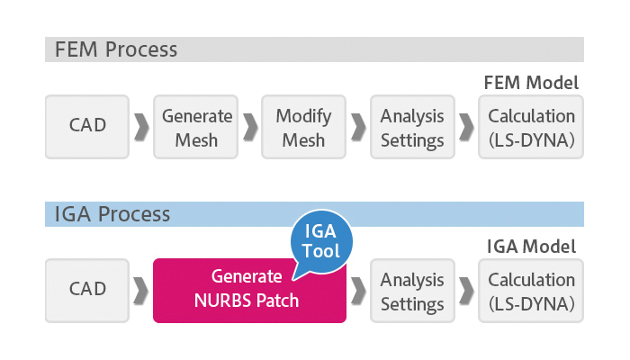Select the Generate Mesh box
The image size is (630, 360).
pyautogui.click(x=197, y=127)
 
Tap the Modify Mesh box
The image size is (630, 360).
pyautogui.click(x=304, y=127)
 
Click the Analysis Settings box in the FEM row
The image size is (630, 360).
pyautogui.click(x=412, y=127)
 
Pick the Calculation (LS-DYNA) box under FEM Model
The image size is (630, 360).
pyautogui.click(x=531, y=127)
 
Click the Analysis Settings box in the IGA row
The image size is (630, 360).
pyautogui.click(x=412, y=290)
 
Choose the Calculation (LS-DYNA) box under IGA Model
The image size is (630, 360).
pyautogui.click(x=531, y=290)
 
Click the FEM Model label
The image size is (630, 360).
pyautogui.click(x=531, y=83)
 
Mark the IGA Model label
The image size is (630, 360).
pyautogui.click(x=532, y=246)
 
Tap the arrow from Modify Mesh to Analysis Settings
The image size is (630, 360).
pyautogui.click(x=357, y=127)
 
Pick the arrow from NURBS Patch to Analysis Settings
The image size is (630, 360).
pyautogui.click(x=357, y=290)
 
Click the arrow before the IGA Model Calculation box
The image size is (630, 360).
pyautogui.click(x=465, y=290)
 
